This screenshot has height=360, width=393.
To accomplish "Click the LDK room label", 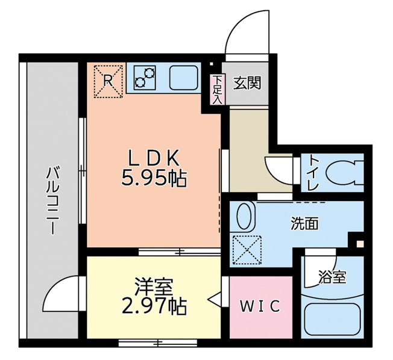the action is click(x=154, y=158).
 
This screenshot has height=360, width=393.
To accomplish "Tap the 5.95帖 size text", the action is click(x=154, y=179).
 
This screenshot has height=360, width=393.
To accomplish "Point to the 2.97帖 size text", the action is click(x=154, y=306).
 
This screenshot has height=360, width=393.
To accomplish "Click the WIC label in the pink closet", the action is click(x=260, y=306).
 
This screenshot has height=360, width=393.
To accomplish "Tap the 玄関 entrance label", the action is click(x=247, y=83).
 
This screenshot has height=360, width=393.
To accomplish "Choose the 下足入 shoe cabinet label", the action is click(x=217, y=89).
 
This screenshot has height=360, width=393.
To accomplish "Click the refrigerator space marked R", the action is click(x=108, y=81).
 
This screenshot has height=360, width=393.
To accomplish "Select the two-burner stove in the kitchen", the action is click(x=145, y=78).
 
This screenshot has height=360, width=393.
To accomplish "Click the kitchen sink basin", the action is click(x=183, y=77).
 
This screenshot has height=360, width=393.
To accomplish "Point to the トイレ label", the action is click(x=314, y=173).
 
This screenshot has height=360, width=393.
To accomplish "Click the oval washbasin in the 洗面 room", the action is click(x=244, y=216).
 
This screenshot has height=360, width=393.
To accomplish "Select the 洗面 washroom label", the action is click(x=304, y=223).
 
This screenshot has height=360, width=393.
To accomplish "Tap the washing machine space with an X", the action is click(x=247, y=250).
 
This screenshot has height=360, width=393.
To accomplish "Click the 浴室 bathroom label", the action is click(x=332, y=277).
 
